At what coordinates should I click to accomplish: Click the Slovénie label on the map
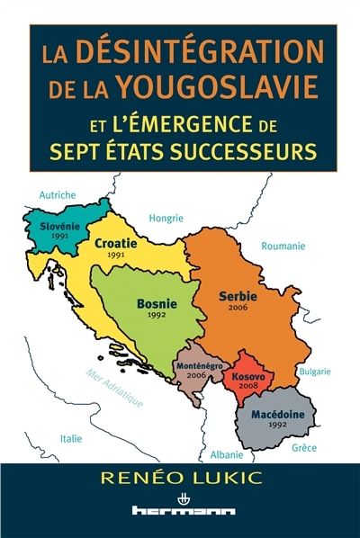pyautogui.click(x=55, y=226)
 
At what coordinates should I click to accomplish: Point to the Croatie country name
pyautogui.click(x=115, y=244)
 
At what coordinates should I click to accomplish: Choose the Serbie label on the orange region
pyautogui.click(x=238, y=296)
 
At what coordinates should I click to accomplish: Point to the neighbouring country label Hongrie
pyautogui.click(x=166, y=218)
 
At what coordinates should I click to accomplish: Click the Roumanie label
pyautogui.click(x=282, y=246)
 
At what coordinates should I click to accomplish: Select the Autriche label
pyautogui.click(x=58, y=194)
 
